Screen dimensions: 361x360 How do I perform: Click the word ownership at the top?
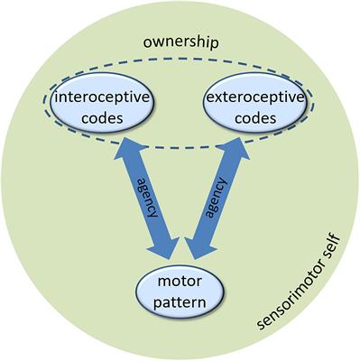click(x=181, y=43)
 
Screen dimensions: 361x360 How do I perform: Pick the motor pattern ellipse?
click(x=179, y=290)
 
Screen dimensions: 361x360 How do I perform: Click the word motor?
click(x=179, y=281)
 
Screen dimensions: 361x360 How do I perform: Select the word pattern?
click(x=179, y=299)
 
